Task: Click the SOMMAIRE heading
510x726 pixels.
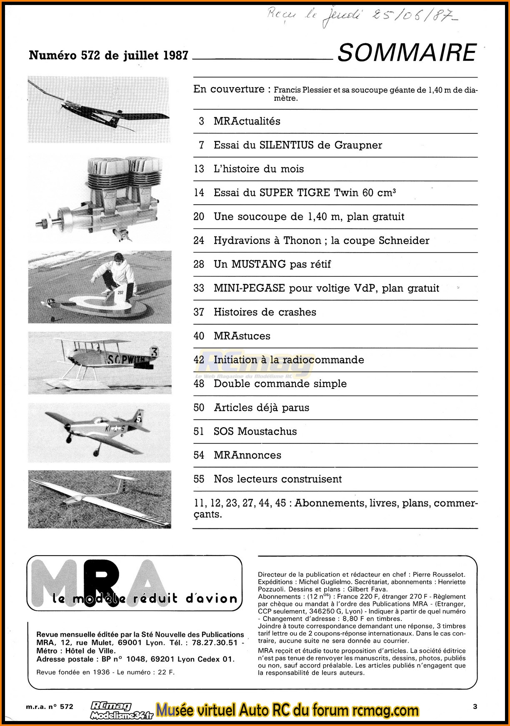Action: coord(407,53)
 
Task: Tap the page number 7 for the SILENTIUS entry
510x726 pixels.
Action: coord(202,145)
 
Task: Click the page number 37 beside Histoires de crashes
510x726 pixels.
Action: coord(199,312)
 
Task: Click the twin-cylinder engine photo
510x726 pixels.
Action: coord(100,198)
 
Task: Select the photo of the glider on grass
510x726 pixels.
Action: coord(100,499)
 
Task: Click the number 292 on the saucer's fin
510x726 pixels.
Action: coord(120,293)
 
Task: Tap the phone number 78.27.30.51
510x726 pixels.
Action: coord(215,643)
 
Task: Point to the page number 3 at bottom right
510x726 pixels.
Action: coord(475,706)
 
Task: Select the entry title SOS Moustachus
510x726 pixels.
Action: coord(255,431)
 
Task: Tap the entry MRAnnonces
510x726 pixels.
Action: coord(247,455)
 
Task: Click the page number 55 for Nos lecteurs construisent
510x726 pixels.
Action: coord(199,479)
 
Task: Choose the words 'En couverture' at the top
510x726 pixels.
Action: coord(229,89)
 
